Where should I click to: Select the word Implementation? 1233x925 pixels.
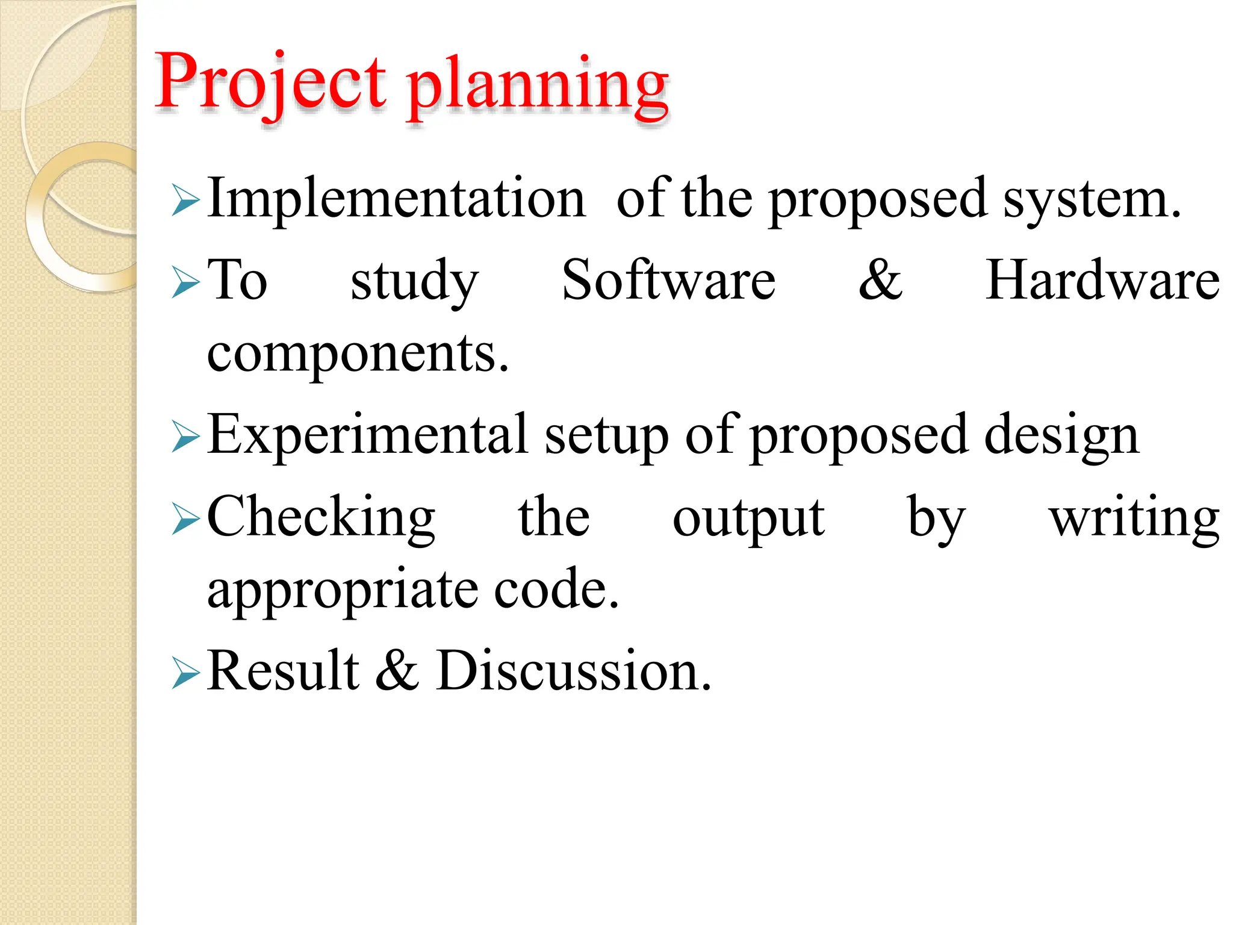tap(396, 198)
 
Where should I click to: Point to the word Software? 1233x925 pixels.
tap(668, 279)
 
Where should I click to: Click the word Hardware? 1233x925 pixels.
tap(1102, 279)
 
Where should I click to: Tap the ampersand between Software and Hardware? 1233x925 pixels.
tap(880, 279)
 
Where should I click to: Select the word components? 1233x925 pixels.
tap(358, 354)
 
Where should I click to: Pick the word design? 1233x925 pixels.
tap(1061, 437)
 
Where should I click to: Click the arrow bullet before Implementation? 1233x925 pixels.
tap(185, 201)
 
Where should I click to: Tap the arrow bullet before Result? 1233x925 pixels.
tap(185, 673)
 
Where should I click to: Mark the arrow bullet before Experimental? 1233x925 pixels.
tap(185, 437)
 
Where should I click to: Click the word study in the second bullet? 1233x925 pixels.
tap(414, 282)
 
